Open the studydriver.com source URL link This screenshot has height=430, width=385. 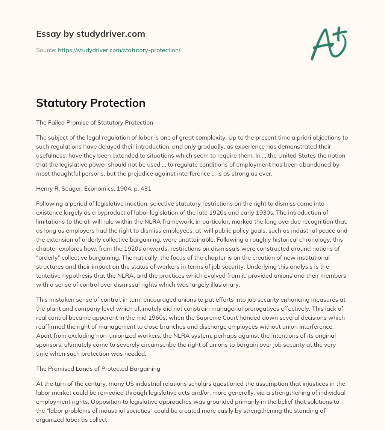point(119,50)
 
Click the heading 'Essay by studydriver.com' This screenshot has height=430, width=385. point(91,34)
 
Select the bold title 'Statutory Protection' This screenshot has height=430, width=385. point(91,103)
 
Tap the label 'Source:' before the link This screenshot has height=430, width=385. point(46,50)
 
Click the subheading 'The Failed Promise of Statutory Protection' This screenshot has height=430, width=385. point(94,122)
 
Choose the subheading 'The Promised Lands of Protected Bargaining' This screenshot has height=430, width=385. point(98,368)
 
